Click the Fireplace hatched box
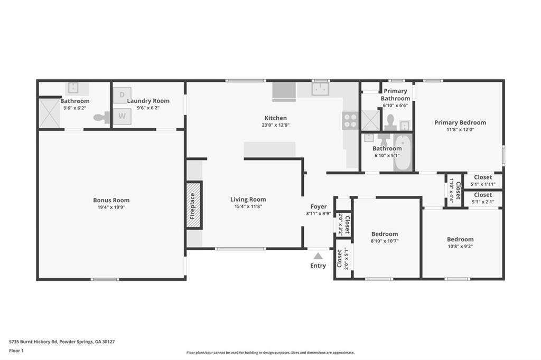(194, 205)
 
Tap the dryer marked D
(122, 95)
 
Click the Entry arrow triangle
(318, 256)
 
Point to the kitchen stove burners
(350, 120)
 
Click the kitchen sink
(321, 89)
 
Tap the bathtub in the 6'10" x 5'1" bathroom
(403, 153)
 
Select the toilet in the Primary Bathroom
(390, 122)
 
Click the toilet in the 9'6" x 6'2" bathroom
(101, 118)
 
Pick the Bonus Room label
(111, 200)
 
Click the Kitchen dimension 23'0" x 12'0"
(275, 125)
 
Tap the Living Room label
(248, 200)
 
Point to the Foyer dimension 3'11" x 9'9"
(319, 214)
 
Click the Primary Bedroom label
(460, 122)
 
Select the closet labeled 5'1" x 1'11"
(483, 181)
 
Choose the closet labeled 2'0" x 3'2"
(343, 224)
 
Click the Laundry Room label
(148, 101)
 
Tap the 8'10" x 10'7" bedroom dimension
(385, 241)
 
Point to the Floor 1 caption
(16, 350)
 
